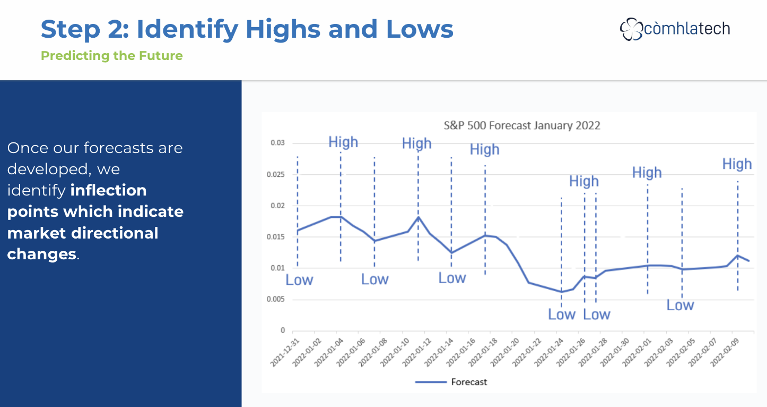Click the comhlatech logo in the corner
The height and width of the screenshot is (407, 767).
pos(675,29)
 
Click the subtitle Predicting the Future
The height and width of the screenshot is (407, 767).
pos(112,56)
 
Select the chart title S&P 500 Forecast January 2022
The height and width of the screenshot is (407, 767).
pos(522,125)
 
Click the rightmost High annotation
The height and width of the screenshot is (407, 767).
pos(737,164)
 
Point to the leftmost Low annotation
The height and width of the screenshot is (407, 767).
pos(299,280)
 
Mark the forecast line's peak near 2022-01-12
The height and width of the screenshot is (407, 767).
pos(419,217)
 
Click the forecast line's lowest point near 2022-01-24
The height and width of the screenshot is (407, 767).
pos(561,292)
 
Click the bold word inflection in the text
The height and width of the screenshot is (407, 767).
pos(108,190)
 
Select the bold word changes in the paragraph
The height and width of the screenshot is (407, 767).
pos(42,254)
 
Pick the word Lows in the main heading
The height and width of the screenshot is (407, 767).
pos(420,29)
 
